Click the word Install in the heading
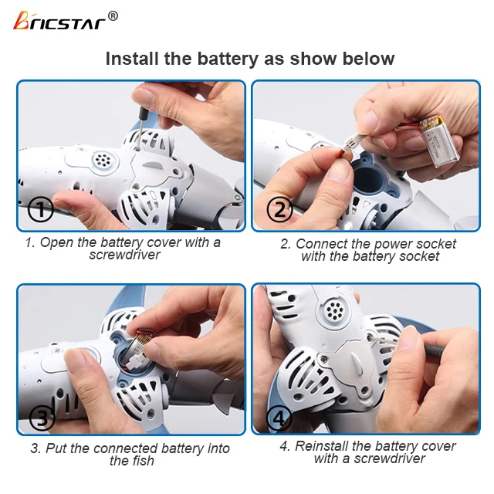point(132,59)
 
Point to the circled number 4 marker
point(279,418)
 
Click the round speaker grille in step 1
point(100,161)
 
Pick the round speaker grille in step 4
point(333,311)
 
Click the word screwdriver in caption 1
point(124,255)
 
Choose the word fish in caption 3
point(142,461)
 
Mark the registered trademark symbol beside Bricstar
point(113,15)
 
